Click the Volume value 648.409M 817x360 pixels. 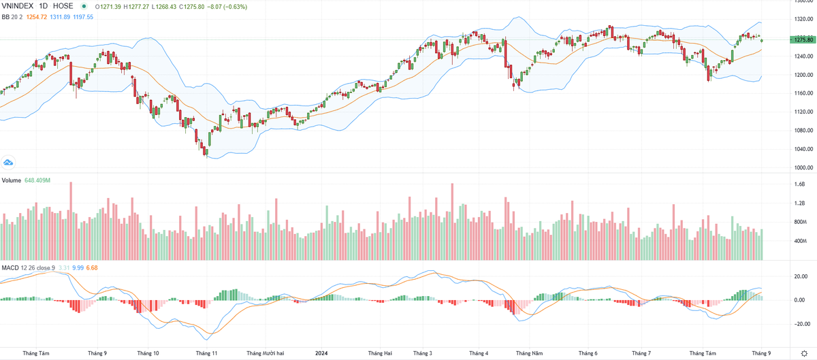point(37,180)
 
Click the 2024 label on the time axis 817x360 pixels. point(323,353)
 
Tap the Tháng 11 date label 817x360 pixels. point(206,353)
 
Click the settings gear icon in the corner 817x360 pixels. point(804,353)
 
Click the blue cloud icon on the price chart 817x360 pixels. point(8,163)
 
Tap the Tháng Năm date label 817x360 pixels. point(529,353)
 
